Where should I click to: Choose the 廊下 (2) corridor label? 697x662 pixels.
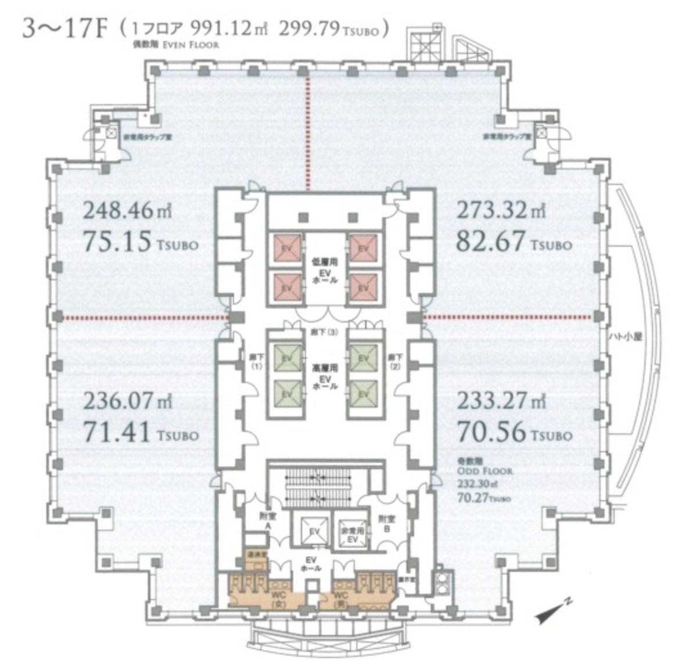[396, 362]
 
